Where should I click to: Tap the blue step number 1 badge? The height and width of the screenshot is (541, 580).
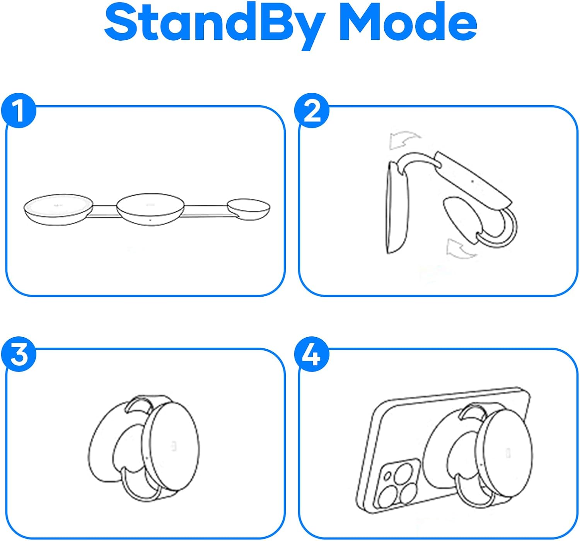pos(19,111)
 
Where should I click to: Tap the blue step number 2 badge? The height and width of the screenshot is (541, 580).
pos(312,111)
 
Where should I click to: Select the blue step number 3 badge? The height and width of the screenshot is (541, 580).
pos(19,354)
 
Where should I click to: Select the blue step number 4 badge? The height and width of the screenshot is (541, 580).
pos(312,354)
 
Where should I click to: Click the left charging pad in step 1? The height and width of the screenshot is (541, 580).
pos(58,209)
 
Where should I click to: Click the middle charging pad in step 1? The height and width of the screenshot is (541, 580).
pos(150,209)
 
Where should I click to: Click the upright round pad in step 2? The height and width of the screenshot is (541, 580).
pos(397,208)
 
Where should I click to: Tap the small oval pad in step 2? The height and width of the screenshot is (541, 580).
pos(461,220)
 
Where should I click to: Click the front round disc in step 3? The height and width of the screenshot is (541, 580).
pos(171,447)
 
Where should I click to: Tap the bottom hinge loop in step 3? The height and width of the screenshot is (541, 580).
pos(140,497)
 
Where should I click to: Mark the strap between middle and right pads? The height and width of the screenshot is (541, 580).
pos(206,211)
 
